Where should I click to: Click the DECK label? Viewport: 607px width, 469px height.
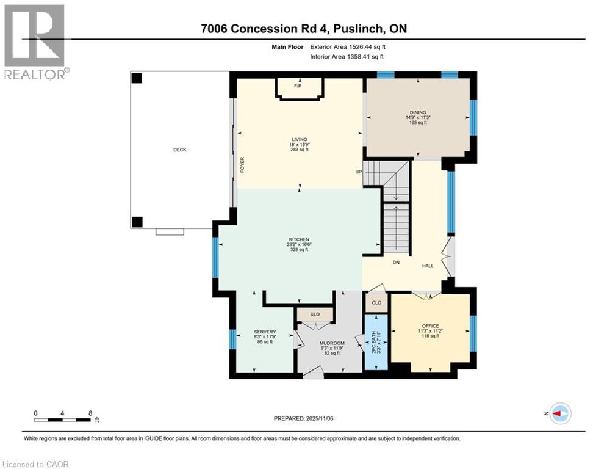coord(179,150)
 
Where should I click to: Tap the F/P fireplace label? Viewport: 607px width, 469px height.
coord(298,86)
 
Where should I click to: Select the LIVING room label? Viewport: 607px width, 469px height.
coord(299,139)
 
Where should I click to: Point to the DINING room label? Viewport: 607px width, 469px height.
coord(418,112)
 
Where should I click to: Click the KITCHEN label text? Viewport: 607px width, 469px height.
coord(299,239)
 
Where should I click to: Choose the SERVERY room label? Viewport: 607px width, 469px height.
coord(265,332)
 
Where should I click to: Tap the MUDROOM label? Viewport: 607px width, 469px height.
coord(332,343)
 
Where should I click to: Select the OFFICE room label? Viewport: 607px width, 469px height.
coord(430,326)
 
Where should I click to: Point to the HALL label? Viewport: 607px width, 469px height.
coord(428,266)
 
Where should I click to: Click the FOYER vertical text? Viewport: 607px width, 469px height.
coord(242,165)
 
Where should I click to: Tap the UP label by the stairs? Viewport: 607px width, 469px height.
coord(359,172)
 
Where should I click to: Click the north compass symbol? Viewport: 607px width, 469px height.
coord(559,413)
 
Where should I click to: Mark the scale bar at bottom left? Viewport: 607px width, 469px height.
coord(63,420)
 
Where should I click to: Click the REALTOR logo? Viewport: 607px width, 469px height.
coord(35,42)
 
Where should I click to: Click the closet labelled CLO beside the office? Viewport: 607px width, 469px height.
coord(376,302)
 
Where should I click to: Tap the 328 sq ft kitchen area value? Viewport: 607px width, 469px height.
coord(299,249)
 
